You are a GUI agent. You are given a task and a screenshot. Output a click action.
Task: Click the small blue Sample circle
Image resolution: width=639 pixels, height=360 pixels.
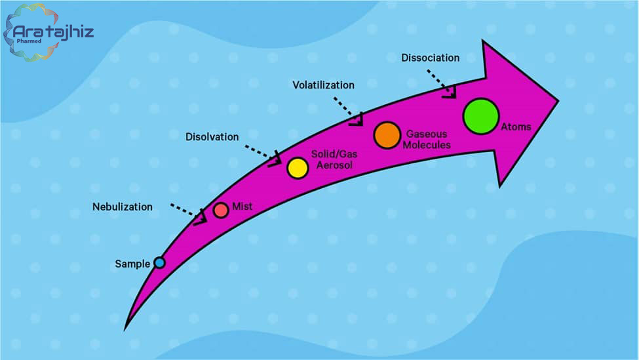click(159, 262)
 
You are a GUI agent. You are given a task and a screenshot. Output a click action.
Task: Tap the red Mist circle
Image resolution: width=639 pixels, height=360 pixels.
click(221, 210)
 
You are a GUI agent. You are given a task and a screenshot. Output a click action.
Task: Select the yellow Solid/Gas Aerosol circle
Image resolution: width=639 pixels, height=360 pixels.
click(298, 168)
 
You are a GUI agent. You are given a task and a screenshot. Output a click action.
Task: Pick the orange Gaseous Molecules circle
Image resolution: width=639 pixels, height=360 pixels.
click(387, 135)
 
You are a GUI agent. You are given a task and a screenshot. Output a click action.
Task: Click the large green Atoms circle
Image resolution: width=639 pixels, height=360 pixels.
click(481, 116)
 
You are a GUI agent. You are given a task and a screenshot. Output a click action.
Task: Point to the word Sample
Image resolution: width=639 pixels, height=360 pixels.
click(132, 264)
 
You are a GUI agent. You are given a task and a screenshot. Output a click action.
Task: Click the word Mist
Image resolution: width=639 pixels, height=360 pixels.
click(242, 207)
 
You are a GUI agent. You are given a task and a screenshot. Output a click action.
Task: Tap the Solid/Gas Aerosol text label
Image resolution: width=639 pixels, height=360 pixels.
click(334, 159)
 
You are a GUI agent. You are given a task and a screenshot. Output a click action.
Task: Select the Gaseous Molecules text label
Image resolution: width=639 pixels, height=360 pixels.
click(427, 140)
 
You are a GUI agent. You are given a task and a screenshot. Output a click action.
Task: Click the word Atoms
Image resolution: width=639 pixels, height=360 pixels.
click(516, 127)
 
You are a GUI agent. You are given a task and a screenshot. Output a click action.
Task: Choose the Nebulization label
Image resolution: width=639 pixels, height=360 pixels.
click(123, 207)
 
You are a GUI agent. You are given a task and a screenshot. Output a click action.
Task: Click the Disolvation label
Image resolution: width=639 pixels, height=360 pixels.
click(212, 136)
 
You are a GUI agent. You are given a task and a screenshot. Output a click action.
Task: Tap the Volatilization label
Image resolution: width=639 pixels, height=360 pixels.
click(324, 85)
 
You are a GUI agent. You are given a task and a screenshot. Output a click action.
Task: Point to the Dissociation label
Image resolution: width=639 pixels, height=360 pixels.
click(431, 58)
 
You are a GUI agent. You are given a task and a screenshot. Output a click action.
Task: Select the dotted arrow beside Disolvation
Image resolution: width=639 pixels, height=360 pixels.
click(263, 155)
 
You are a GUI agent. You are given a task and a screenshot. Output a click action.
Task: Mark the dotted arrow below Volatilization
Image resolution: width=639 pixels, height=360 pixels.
click(347, 110)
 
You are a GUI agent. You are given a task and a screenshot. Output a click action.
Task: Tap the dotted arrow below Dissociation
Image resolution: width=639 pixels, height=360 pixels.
click(441, 83)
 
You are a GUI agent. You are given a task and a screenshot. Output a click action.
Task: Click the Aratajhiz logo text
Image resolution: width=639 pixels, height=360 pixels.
click(53, 31)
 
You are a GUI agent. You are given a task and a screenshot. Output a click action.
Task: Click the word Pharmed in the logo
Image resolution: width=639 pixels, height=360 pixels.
click(29, 41)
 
